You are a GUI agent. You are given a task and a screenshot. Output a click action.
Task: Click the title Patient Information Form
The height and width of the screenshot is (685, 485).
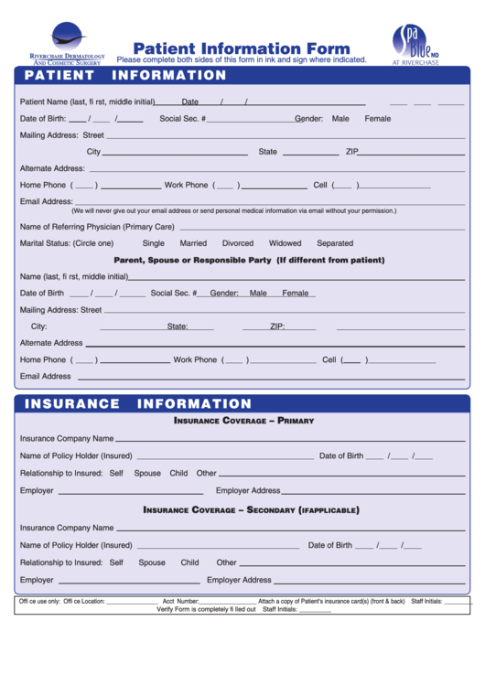click(242, 48)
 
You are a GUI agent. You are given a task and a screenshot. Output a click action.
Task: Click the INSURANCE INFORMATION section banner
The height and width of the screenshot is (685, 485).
click(137, 403)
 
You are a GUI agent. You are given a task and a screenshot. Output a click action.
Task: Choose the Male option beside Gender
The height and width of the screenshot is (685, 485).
click(340, 119)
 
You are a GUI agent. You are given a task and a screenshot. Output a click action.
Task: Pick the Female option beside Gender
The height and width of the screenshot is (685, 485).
click(377, 119)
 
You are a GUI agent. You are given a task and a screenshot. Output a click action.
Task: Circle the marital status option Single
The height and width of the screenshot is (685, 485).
click(154, 243)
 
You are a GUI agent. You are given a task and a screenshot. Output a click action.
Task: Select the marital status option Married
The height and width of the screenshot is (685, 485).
click(193, 243)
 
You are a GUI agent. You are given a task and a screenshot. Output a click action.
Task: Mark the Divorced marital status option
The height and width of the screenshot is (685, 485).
click(238, 243)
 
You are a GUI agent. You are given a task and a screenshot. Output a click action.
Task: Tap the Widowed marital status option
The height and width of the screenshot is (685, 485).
click(285, 243)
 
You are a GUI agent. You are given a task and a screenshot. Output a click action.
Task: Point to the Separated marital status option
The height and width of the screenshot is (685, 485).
click(335, 243)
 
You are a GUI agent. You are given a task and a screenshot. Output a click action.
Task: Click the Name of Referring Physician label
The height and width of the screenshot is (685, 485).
click(97, 227)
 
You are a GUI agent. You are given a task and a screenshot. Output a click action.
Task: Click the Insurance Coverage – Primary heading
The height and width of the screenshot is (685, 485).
click(243, 422)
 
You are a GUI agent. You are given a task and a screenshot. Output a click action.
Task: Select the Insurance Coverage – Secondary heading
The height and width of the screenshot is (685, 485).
click(251, 509)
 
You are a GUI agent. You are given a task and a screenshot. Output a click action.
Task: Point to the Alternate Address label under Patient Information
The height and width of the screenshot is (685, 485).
click(52, 168)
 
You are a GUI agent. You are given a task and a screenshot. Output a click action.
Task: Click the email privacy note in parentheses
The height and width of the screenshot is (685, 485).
click(233, 210)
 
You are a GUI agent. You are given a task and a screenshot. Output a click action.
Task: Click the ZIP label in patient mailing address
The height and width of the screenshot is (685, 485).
click(351, 152)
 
